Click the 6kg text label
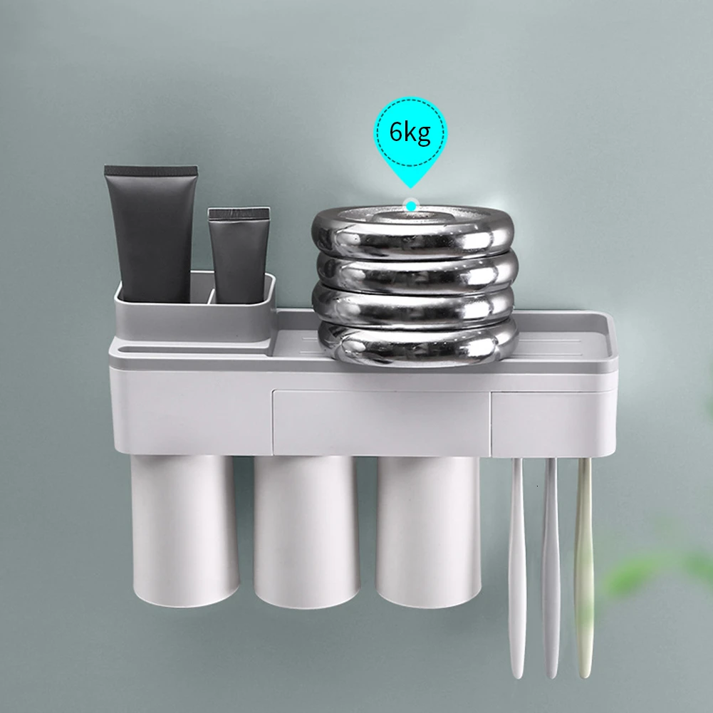click(x=410, y=132)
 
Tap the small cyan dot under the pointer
click(x=411, y=206)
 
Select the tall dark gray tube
click(x=152, y=234)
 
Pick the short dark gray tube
click(x=239, y=256)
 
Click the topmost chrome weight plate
click(x=412, y=232)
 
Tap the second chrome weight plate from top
click(x=417, y=272)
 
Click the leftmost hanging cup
click(x=185, y=531)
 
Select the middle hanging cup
click(x=306, y=532)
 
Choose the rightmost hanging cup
click(x=428, y=532)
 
